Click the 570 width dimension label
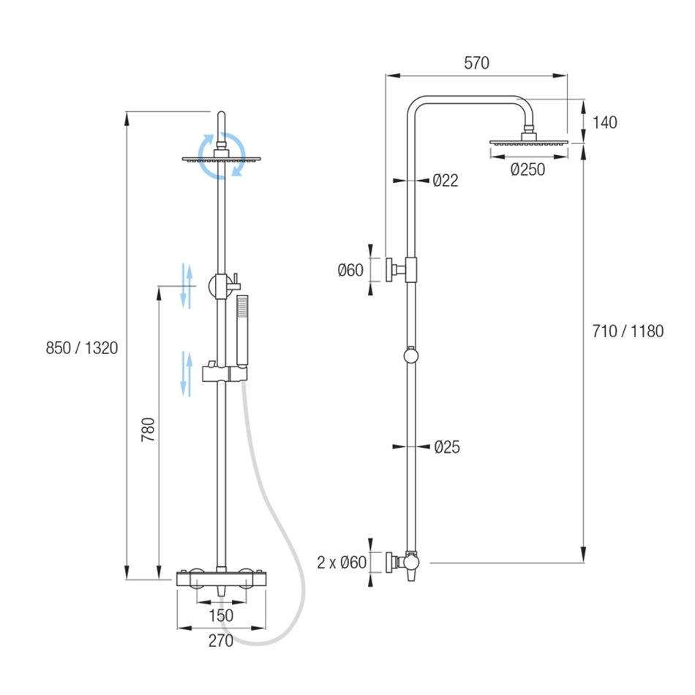(x=476, y=64)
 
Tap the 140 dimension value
(x=604, y=122)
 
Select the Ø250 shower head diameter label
(x=527, y=170)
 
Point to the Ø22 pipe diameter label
(x=445, y=181)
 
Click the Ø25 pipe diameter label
(x=446, y=446)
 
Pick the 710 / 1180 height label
(x=628, y=331)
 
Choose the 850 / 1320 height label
(x=82, y=348)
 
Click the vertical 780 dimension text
(x=149, y=432)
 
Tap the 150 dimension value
(x=221, y=615)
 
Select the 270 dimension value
(x=221, y=642)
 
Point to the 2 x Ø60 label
(x=341, y=563)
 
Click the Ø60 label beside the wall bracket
(x=350, y=271)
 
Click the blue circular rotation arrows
(x=222, y=156)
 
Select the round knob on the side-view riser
(x=411, y=356)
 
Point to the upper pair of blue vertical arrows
(x=187, y=286)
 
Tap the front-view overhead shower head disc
(x=221, y=159)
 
